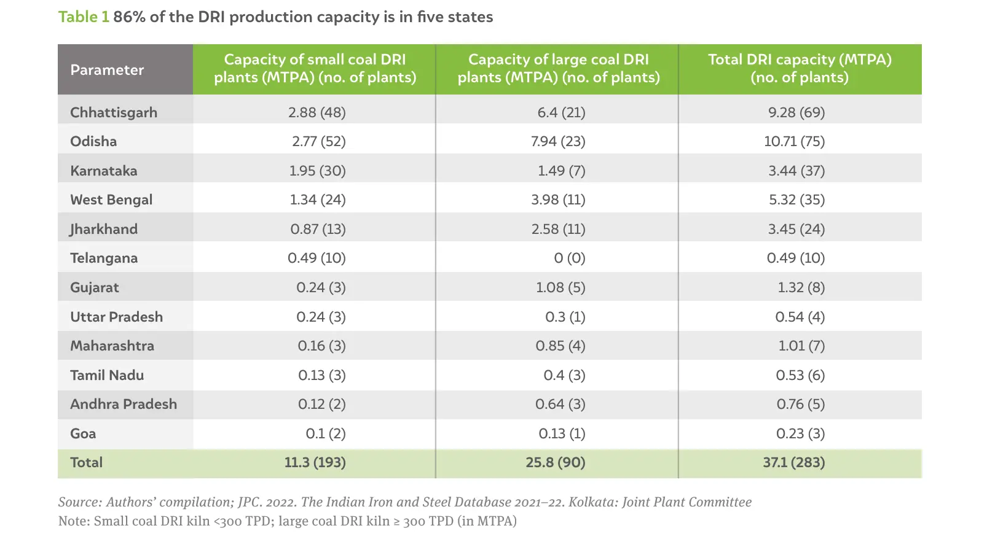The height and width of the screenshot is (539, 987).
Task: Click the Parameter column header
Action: click(x=107, y=70)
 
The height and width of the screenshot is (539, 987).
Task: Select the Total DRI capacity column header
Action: click(x=799, y=68)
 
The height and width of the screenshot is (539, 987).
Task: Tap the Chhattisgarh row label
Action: click(x=114, y=112)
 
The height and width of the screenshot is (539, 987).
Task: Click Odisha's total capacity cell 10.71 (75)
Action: click(x=794, y=141)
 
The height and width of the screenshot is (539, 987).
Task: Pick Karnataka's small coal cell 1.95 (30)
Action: click(x=317, y=171)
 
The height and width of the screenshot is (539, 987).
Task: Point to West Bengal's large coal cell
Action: click(x=558, y=200)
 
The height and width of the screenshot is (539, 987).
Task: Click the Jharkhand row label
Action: click(x=104, y=229)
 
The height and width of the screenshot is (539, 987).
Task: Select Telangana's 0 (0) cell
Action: click(x=569, y=258)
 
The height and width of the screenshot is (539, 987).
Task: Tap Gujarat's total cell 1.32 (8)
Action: click(x=801, y=287)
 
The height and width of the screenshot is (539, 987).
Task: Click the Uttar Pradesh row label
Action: click(x=116, y=317)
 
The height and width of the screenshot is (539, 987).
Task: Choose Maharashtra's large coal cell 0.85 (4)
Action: click(x=560, y=346)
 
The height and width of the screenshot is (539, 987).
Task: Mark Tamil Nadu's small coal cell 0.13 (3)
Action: click(x=321, y=375)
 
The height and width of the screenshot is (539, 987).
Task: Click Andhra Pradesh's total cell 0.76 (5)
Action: click(x=800, y=404)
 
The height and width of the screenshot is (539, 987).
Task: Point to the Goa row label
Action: click(x=83, y=433)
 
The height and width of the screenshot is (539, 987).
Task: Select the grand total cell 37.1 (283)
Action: click(x=793, y=462)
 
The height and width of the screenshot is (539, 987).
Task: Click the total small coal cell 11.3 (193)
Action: click(x=315, y=462)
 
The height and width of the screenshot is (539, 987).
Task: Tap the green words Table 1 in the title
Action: click(x=84, y=17)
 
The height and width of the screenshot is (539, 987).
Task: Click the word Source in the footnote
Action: click(x=79, y=502)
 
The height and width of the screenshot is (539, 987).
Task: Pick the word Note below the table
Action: click(x=73, y=521)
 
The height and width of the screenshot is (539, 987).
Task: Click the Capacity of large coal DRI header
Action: click(x=558, y=68)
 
